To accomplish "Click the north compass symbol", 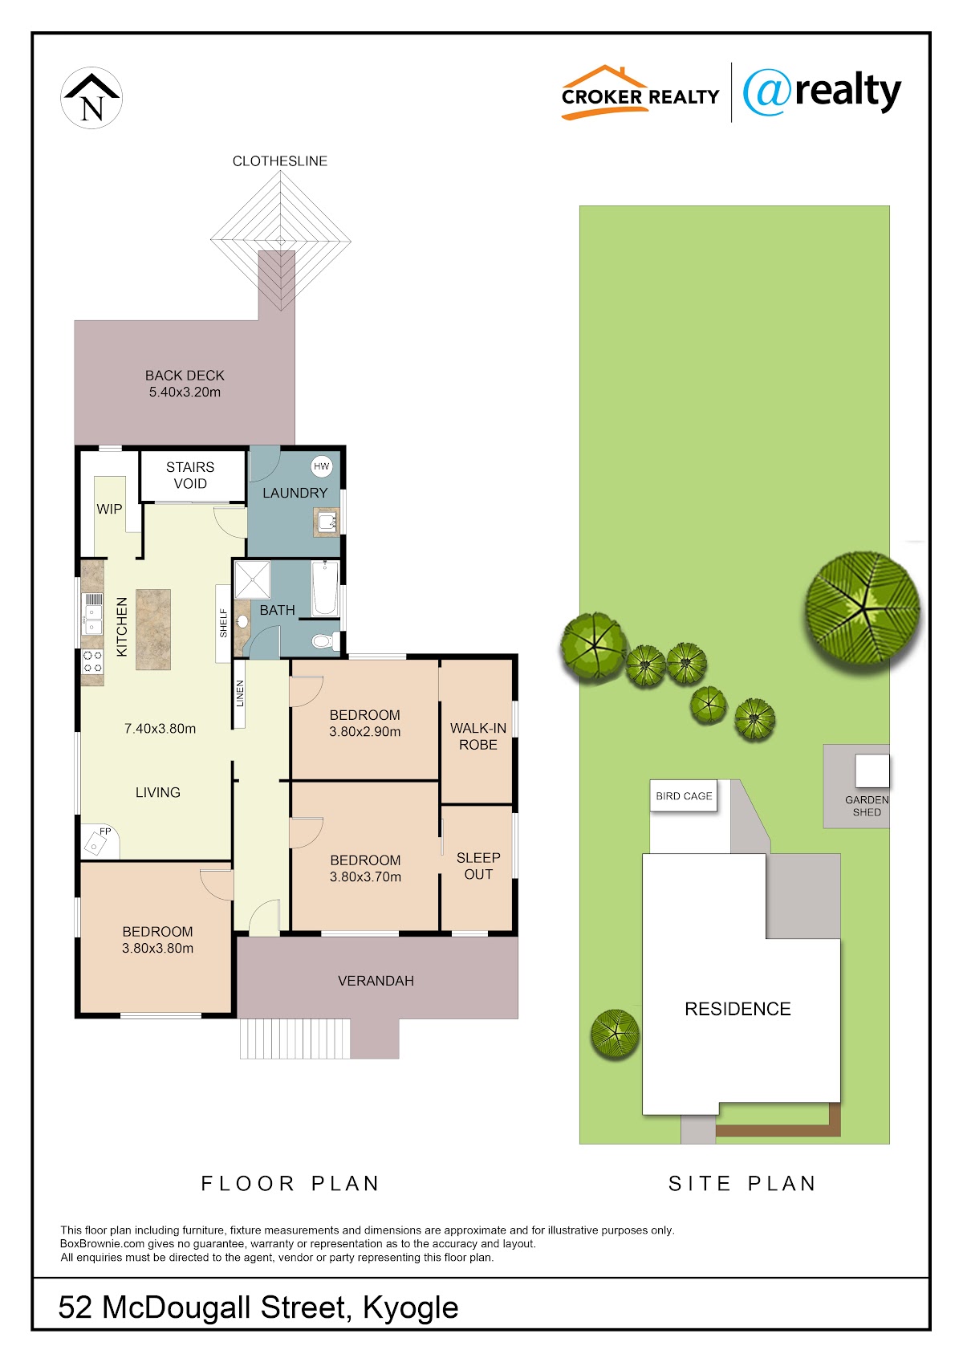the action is pos(91,98).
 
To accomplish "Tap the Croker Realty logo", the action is pos(640,92).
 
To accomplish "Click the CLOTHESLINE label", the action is pos(279,161).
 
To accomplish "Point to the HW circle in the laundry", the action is pos(321,466).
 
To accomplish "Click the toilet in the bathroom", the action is pos(326,641).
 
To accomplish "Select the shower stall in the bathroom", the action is pos(252,579).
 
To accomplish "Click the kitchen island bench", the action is pos(152,629).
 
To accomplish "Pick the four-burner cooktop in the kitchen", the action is pos(92,661).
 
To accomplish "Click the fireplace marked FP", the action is pos(100,842).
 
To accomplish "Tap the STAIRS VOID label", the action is pos(190,475).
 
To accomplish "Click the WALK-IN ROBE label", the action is pos(477,736).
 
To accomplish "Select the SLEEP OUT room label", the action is pos(478,866).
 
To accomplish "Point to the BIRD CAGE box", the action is pos(684,796).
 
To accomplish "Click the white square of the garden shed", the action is pos(872,771).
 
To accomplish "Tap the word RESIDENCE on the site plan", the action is pos(737,1009).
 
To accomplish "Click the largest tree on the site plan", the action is pos(862,608).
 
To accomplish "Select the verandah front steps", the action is pos(295,1039).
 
